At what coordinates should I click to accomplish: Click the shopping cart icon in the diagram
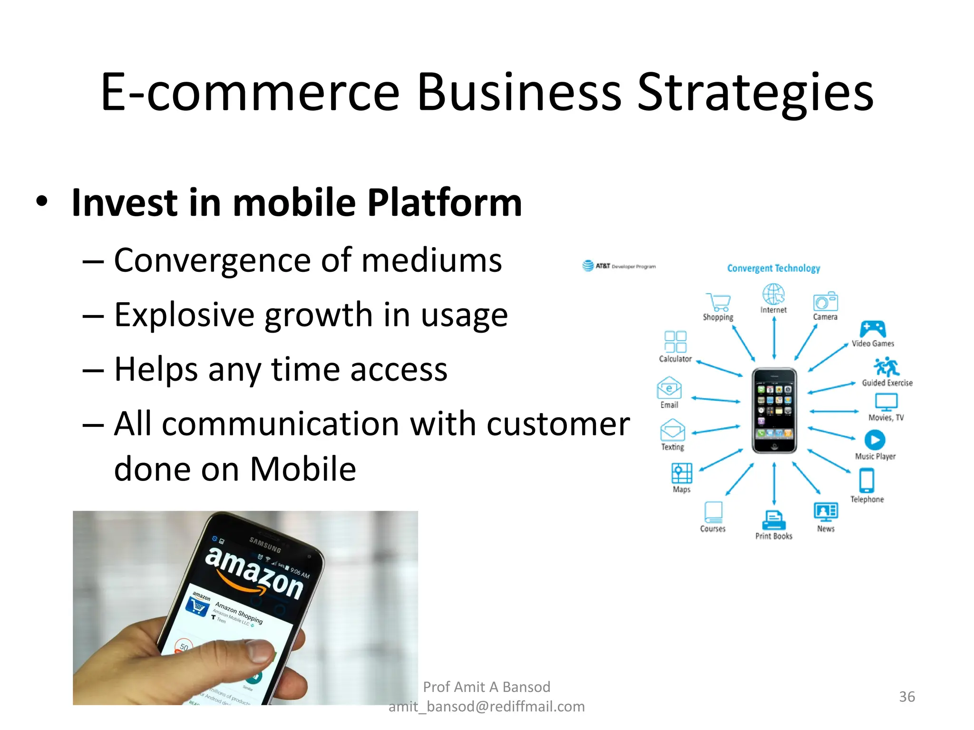click(718, 302)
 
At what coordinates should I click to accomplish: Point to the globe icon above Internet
click(773, 294)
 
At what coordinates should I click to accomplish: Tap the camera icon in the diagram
click(825, 302)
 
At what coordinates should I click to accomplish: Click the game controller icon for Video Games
click(873, 329)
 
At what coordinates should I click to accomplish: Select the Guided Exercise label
click(887, 383)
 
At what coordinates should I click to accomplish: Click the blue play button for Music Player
click(875, 440)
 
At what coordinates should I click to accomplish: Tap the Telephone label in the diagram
click(867, 499)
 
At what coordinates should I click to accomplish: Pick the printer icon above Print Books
click(774, 520)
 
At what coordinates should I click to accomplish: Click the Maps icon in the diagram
click(682, 473)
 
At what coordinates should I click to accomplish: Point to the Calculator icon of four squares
click(675, 342)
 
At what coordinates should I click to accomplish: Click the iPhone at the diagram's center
click(774, 411)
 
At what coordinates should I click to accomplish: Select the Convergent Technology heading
click(773, 268)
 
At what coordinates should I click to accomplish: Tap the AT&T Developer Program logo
click(619, 266)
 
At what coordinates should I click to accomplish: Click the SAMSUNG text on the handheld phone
click(265, 545)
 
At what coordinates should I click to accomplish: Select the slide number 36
click(906, 697)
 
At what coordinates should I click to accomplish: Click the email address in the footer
click(487, 707)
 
